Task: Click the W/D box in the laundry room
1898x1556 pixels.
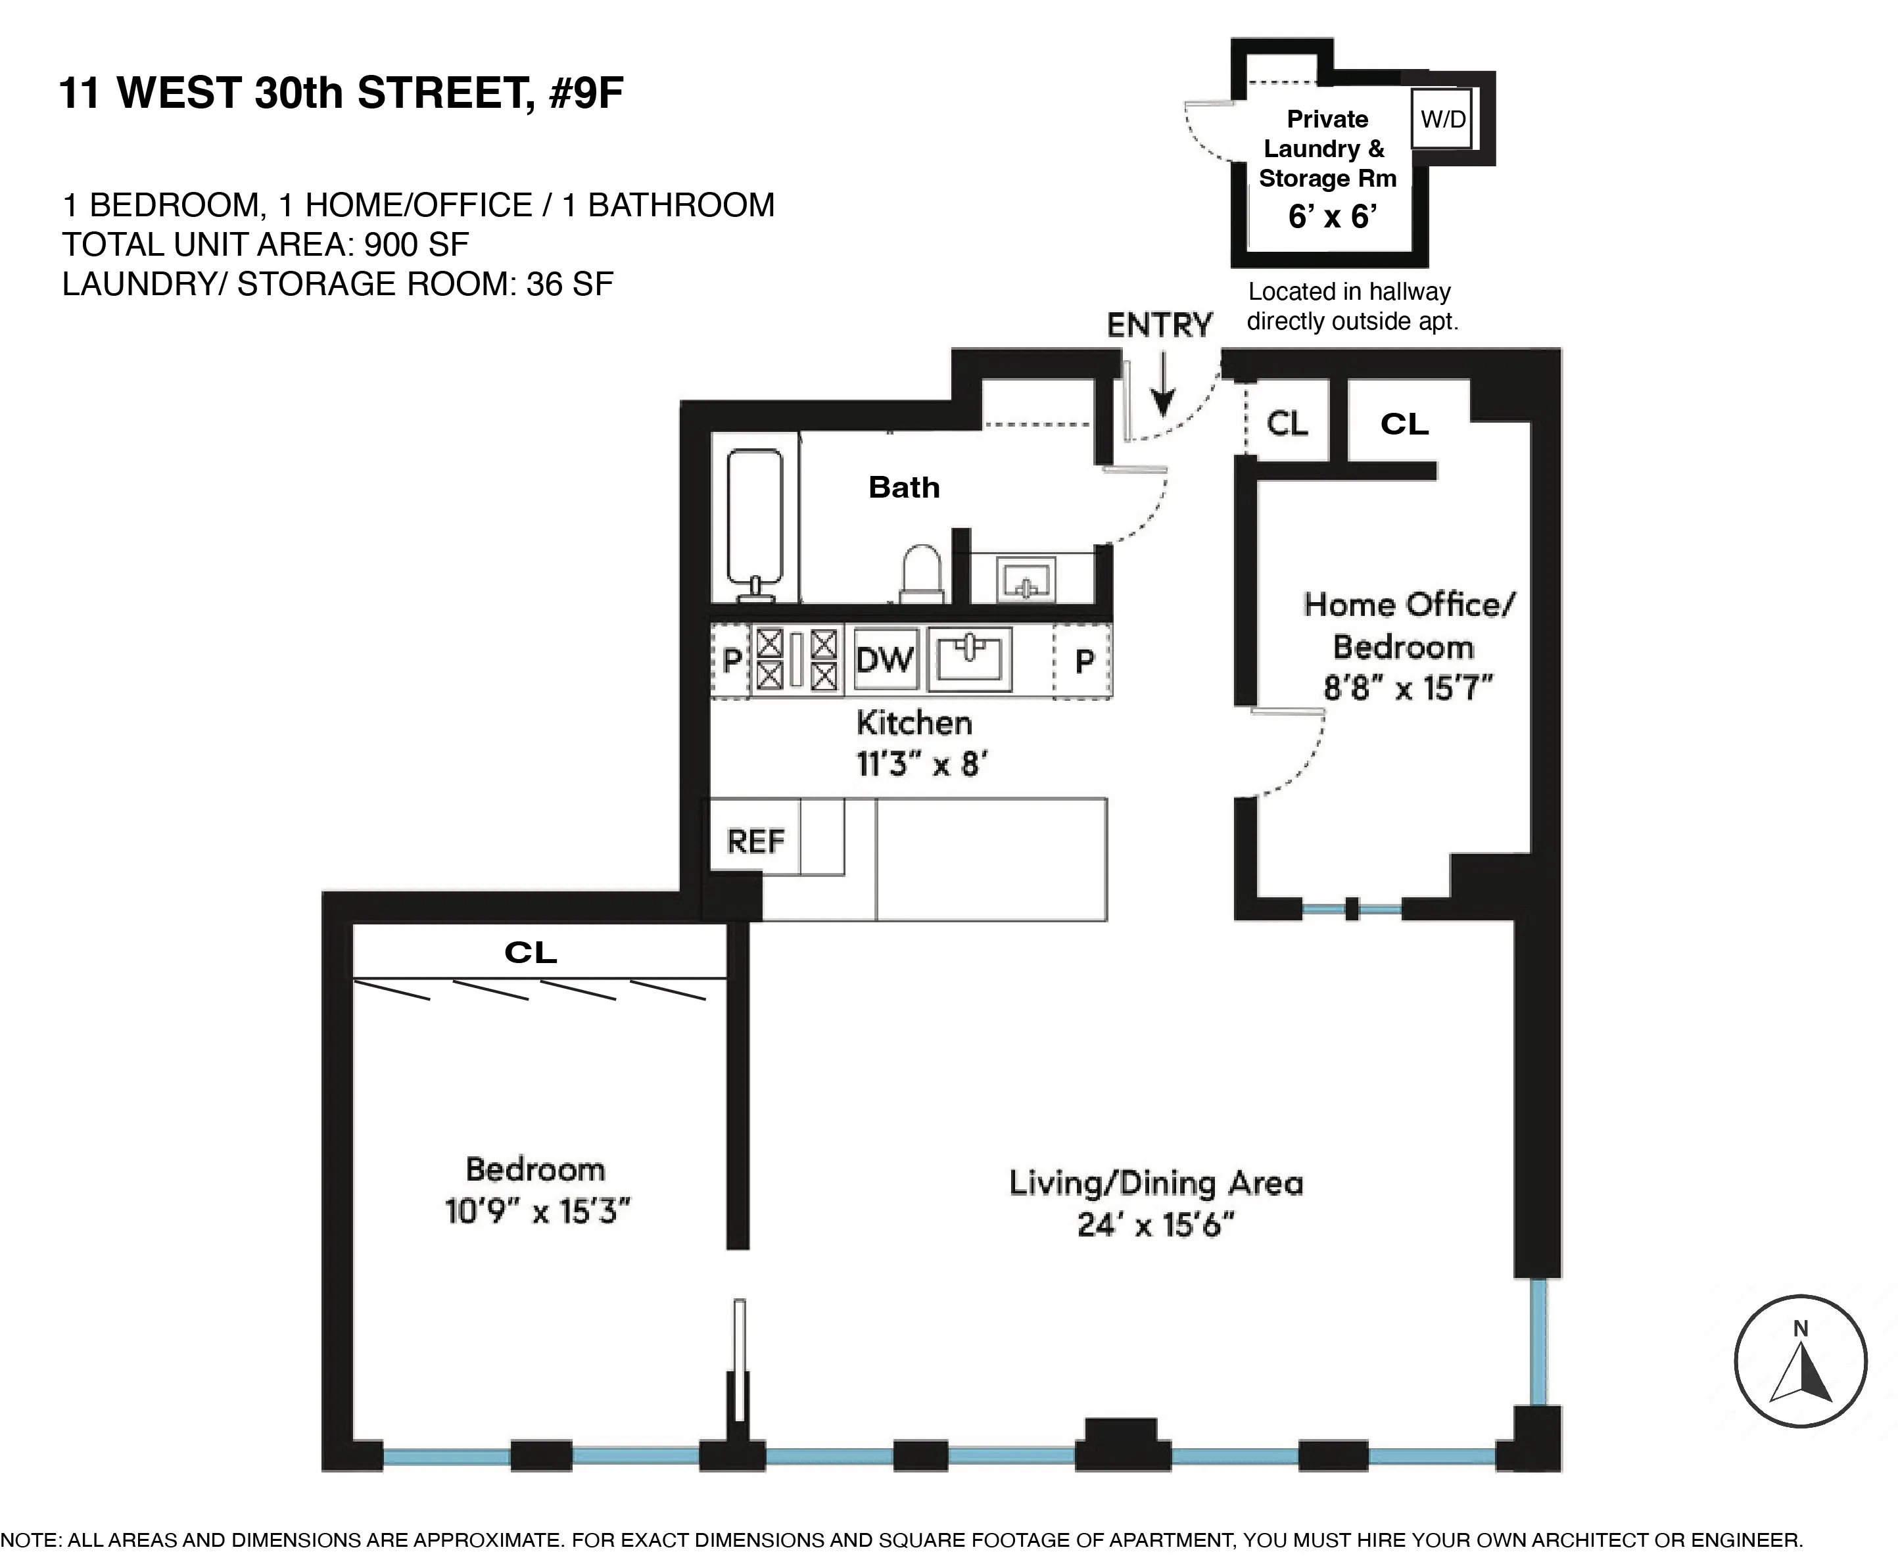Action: (x=1442, y=119)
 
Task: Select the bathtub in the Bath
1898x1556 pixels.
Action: (x=754, y=520)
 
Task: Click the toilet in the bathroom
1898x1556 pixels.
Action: (x=922, y=574)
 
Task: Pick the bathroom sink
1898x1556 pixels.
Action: (x=1026, y=580)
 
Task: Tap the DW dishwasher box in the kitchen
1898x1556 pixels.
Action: (x=885, y=661)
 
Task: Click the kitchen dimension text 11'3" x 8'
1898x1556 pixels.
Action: (x=921, y=765)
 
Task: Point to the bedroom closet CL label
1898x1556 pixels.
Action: (x=531, y=953)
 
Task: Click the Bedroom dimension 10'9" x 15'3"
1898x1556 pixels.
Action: (x=537, y=1212)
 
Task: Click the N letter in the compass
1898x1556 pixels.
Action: (x=1799, y=1329)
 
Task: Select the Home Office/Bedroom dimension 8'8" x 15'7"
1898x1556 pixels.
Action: (x=1408, y=688)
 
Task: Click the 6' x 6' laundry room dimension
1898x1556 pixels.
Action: (x=1331, y=217)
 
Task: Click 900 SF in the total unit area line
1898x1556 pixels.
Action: (x=416, y=245)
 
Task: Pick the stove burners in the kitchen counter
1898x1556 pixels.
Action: (x=796, y=660)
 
